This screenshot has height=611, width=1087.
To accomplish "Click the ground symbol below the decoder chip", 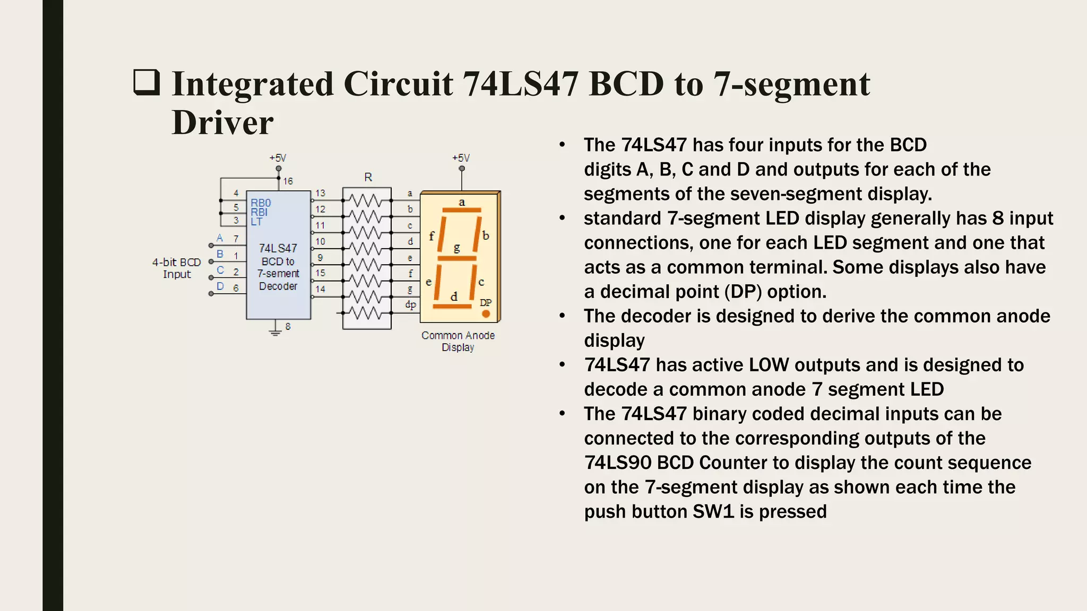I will pyautogui.click(x=275, y=331).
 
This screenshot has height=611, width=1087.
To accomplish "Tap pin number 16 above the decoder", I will pyautogui.click(x=288, y=181).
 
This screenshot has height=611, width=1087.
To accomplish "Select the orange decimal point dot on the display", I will pyautogui.click(x=486, y=314).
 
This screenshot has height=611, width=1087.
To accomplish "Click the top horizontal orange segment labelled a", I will pyautogui.click(x=461, y=211).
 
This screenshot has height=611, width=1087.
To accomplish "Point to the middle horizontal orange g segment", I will pyautogui.click(x=457, y=259).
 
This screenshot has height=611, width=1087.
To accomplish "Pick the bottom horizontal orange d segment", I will pyautogui.click(x=452, y=307).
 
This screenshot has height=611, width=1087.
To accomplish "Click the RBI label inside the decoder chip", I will pyautogui.click(x=259, y=212).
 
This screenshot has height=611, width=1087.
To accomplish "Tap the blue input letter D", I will pyautogui.click(x=220, y=286).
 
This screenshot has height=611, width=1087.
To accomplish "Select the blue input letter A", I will pyautogui.click(x=220, y=238).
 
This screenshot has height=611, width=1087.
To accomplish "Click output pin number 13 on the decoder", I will pyautogui.click(x=320, y=193).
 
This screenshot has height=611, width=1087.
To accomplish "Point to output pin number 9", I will pyautogui.click(x=320, y=258).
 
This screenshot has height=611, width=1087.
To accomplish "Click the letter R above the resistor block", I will pyautogui.click(x=368, y=177).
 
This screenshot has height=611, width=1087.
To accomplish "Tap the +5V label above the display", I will pyautogui.click(x=461, y=158).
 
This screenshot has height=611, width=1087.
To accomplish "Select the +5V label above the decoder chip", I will pyautogui.click(x=278, y=158).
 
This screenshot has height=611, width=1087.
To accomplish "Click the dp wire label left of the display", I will pyautogui.click(x=410, y=305).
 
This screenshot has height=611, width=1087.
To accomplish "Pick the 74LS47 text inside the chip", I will pyautogui.click(x=278, y=248).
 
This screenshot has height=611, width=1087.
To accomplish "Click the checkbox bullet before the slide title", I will pyautogui.click(x=146, y=83).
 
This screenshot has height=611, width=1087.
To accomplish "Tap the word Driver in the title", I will pyautogui.click(x=222, y=123).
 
